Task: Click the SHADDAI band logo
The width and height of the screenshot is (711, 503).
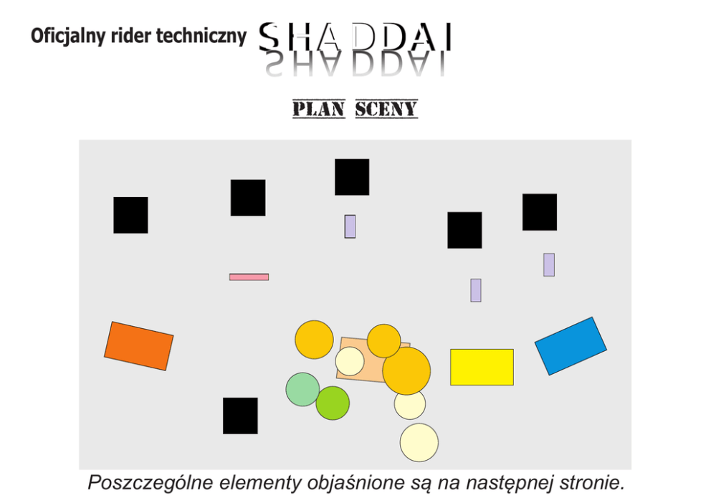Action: click(x=355, y=37)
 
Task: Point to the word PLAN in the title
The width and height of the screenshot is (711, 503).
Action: click(x=319, y=109)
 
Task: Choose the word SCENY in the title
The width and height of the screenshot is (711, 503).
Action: click(x=386, y=109)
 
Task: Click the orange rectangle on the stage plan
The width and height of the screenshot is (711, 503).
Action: click(x=139, y=345)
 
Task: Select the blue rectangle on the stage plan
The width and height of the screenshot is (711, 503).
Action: click(x=571, y=345)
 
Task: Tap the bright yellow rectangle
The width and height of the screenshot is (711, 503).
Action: click(x=482, y=367)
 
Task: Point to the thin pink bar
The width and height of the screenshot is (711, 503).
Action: click(x=249, y=277)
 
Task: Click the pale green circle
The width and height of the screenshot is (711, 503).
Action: click(x=302, y=388)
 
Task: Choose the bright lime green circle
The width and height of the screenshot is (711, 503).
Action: click(x=333, y=403)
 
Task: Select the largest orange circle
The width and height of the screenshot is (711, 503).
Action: click(x=407, y=371)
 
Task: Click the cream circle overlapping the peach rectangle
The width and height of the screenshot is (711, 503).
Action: click(x=350, y=361)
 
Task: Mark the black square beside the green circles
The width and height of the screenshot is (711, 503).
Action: click(x=240, y=416)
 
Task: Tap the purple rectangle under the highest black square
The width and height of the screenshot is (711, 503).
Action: click(x=350, y=226)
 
